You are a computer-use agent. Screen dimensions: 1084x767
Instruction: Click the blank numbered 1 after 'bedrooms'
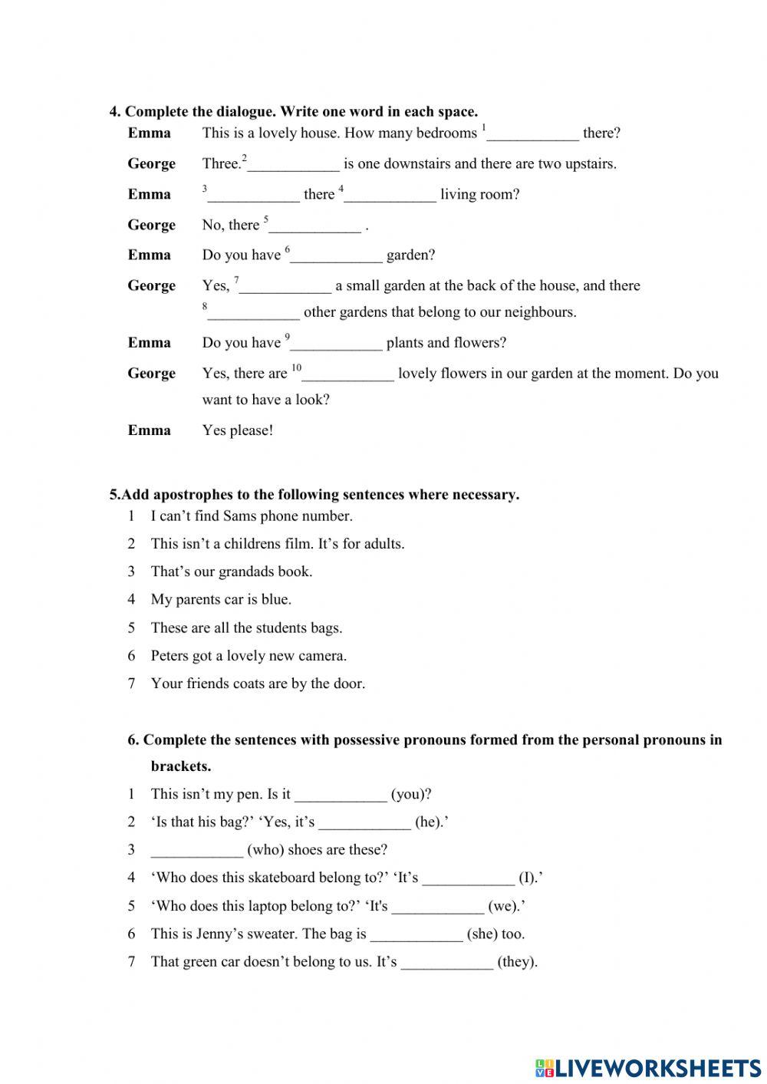[x=533, y=134]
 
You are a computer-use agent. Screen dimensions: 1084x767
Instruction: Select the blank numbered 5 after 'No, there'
[x=315, y=226]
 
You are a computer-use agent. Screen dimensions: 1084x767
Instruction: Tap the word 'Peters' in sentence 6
[x=170, y=656]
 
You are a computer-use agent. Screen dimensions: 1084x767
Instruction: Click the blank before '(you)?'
[x=341, y=795]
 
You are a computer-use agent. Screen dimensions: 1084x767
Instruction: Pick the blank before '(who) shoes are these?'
[x=197, y=850]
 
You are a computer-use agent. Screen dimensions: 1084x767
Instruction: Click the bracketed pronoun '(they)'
[x=517, y=962]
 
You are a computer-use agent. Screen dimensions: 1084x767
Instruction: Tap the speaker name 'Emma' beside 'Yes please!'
[x=150, y=430]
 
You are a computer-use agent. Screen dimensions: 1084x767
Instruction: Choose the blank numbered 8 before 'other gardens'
[x=254, y=313]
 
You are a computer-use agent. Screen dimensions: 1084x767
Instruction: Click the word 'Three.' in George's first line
[x=222, y=164]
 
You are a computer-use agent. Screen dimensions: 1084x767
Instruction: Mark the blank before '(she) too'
[x=416, y=934]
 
